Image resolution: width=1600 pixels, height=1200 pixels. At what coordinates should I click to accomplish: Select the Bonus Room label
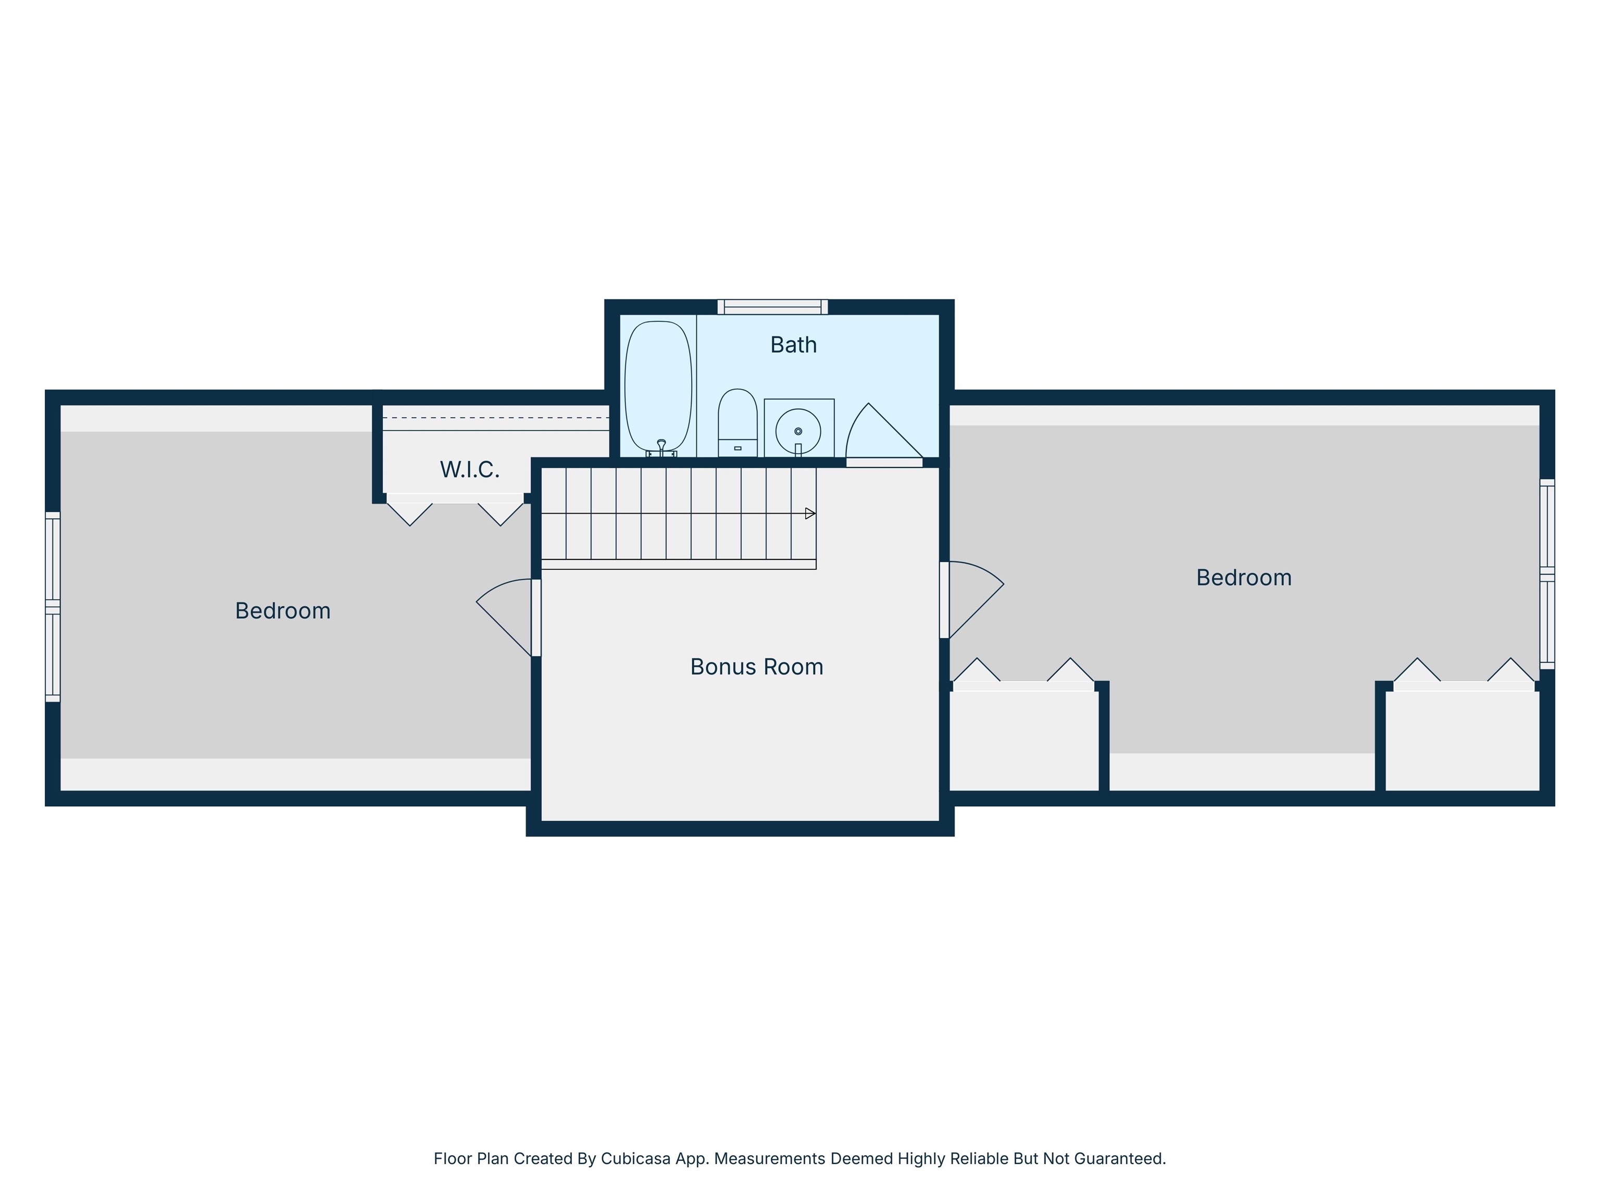point(757,666)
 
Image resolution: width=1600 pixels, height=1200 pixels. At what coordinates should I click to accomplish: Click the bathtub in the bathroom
point(658,387)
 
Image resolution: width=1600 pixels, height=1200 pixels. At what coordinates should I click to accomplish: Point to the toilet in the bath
point(737,422)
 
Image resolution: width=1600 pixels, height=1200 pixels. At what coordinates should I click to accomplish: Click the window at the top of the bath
point(772,307)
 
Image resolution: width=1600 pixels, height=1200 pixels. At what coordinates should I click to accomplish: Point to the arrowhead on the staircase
point(810,514)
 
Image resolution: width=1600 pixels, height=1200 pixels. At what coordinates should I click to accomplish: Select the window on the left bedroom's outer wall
point(53,607)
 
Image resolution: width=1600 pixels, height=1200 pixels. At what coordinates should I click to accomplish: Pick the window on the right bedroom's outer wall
point(1546,573)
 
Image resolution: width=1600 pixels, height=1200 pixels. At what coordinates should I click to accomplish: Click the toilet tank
point(737,448)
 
